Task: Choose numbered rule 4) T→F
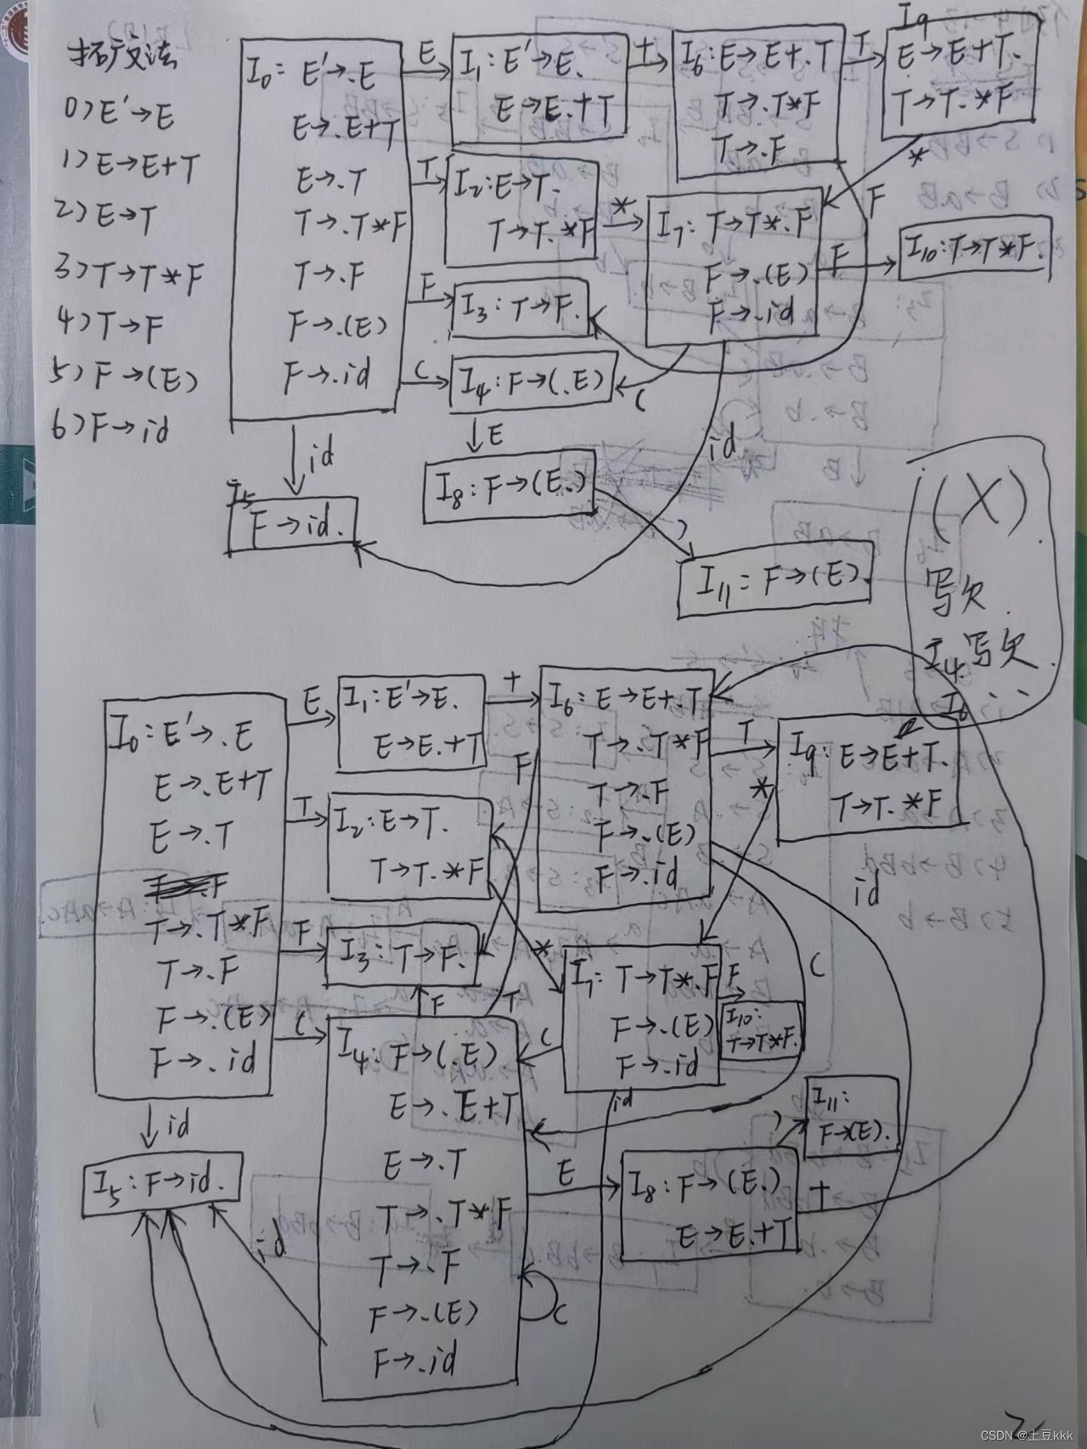(110, 324)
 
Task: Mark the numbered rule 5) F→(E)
(124, 375)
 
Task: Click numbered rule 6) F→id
(111, 427)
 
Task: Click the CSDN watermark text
(1027, 1435)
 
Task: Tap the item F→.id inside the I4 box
(415, 1361)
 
